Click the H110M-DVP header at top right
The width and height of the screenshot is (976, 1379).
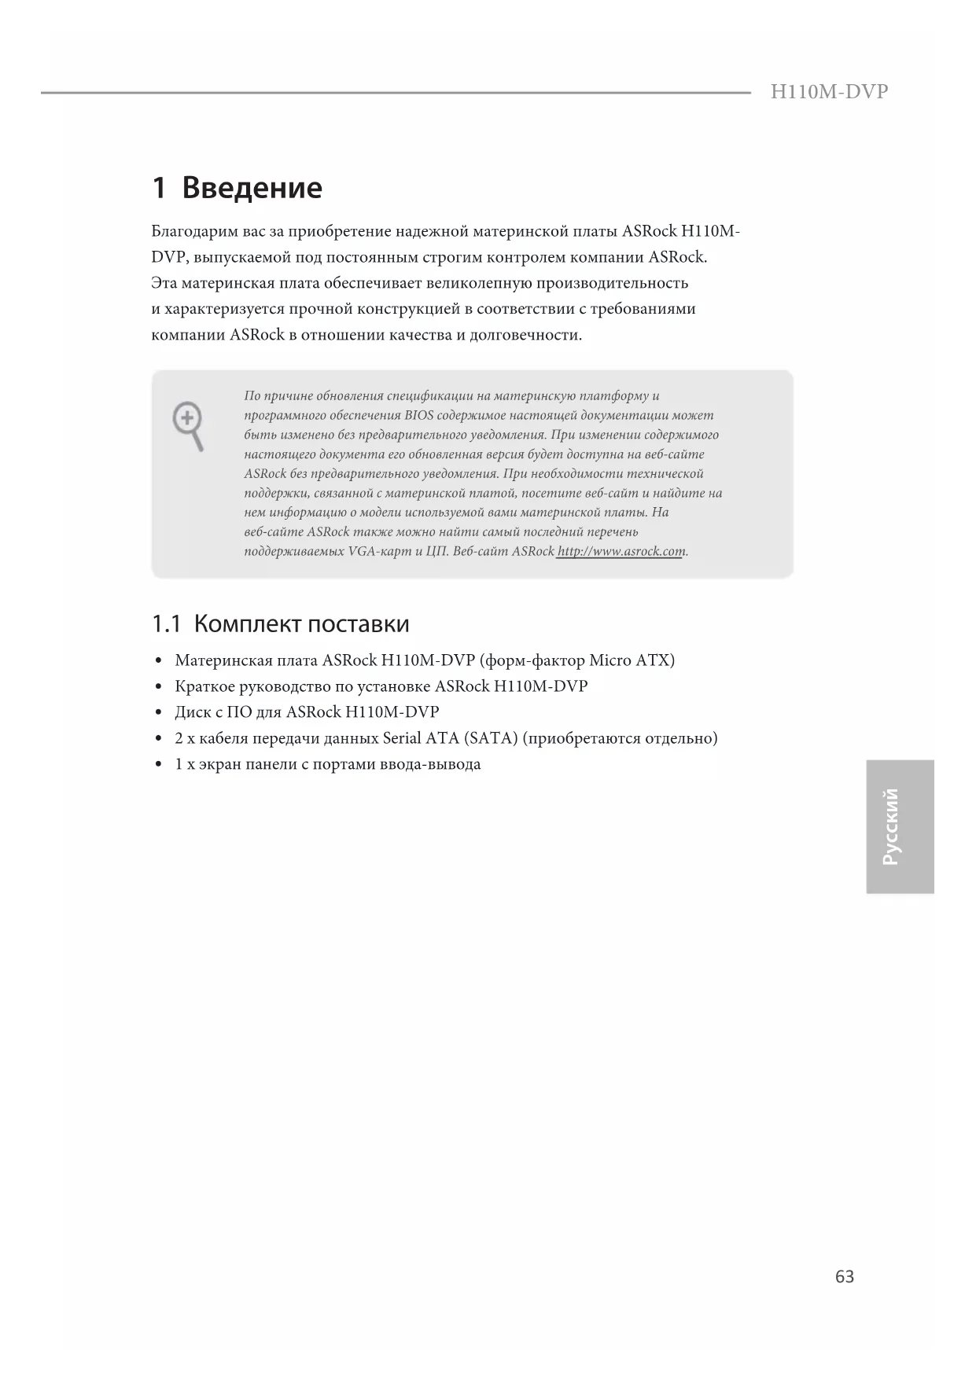tap(829, 92)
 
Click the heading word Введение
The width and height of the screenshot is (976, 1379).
tap(252, 189)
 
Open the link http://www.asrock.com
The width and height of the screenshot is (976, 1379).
tap(621, 551)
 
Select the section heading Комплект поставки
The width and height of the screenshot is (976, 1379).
tap(301, 624)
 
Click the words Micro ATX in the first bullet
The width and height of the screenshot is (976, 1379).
tap(632, 660)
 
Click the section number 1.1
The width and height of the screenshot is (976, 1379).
tap(166, 624)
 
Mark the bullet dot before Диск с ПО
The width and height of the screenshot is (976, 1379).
tap(159, 713)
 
